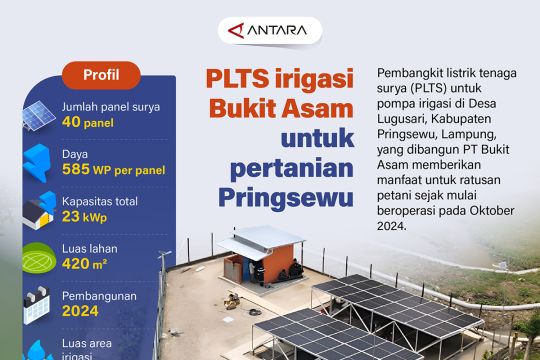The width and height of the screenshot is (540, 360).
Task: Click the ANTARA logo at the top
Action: pos(270,30)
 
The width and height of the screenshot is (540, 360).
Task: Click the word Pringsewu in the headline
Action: pos(286,193)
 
